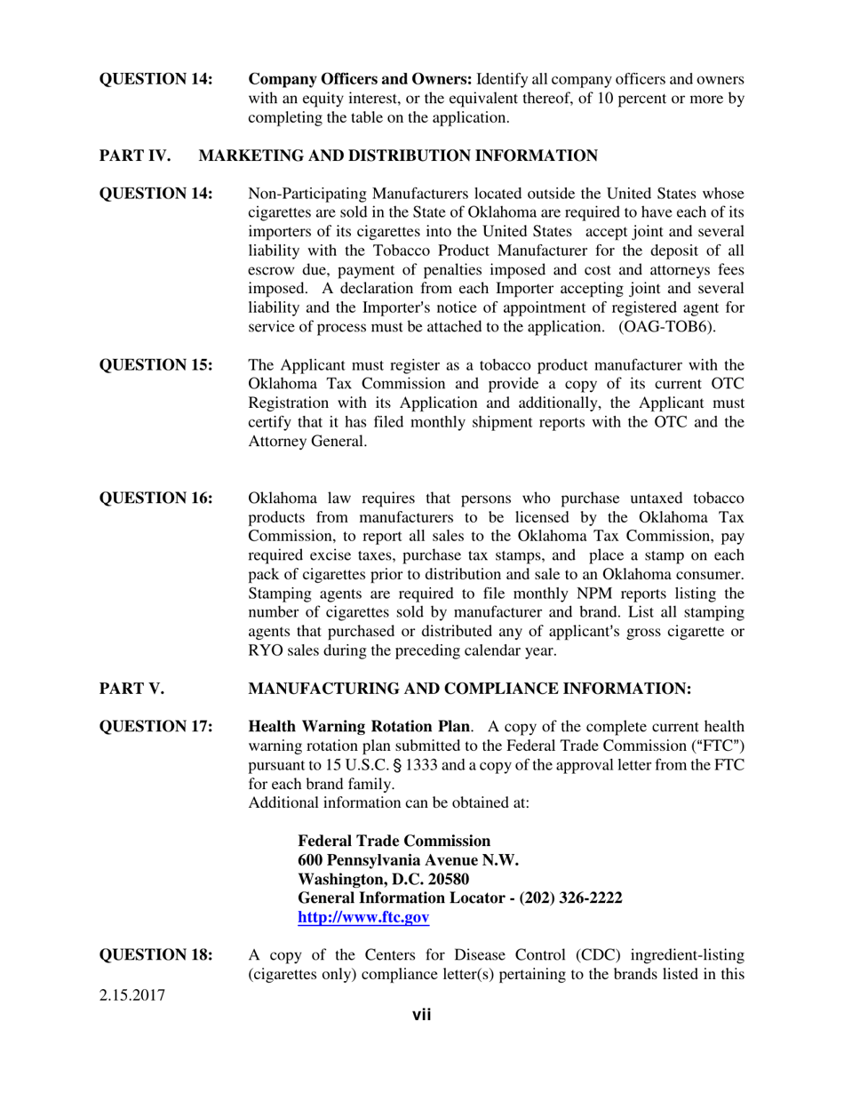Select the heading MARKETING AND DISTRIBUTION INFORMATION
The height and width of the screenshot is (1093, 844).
pos(398,156)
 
